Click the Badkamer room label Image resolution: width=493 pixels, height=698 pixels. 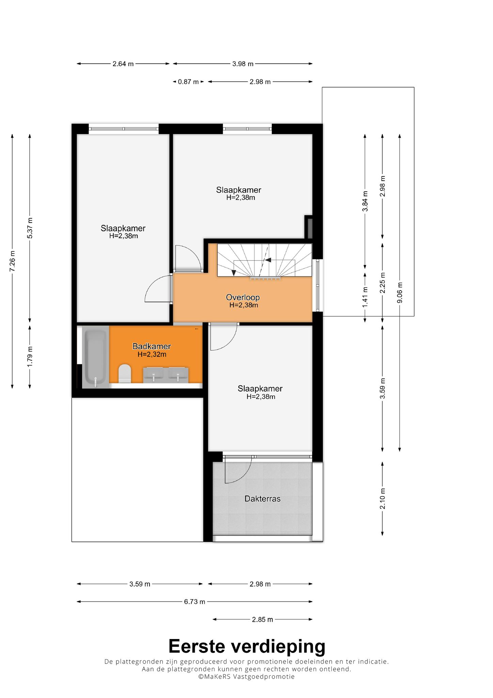tap(152, 346)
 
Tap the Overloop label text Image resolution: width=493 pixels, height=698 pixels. tap(243, 298)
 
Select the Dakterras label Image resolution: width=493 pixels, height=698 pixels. tap(263, 499)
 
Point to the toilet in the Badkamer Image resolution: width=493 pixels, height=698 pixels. tap(125, 374)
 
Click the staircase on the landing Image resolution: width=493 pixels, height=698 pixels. tap(265, 260)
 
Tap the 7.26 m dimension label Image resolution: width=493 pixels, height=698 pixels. tap(12, 261)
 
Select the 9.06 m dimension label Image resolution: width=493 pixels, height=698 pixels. tap(400, 292)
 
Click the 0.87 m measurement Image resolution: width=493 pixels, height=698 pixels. tap(188, 82)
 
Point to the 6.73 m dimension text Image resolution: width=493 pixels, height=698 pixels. tap(195, 602)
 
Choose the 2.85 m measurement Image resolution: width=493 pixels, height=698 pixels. tap(263, 619)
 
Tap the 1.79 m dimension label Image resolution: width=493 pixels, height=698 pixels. tap(30, 356)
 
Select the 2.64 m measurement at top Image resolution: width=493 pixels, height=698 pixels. tap(123, 64)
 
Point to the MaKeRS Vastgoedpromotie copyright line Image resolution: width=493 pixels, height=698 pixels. tap(246, 677)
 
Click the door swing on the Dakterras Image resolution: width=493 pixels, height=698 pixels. tap(238, 470)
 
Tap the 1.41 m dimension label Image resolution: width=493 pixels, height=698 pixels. tap(365, 297)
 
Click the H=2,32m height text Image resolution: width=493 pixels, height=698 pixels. tap(152, 354)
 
